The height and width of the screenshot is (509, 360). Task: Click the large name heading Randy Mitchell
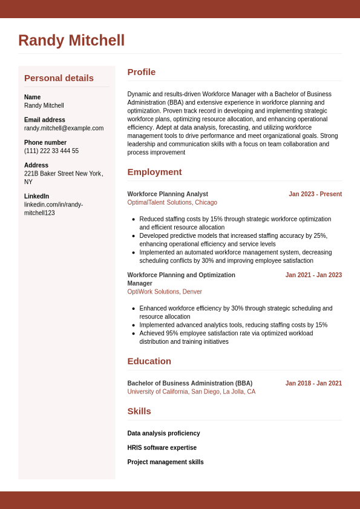71,41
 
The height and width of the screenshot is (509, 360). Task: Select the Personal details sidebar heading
59,78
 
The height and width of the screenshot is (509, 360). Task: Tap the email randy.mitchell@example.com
64,128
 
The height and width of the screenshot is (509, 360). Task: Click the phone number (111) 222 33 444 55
51,151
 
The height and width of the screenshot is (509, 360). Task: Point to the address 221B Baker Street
63,174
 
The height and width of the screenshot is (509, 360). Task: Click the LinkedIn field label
36,196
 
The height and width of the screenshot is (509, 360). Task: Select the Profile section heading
141,72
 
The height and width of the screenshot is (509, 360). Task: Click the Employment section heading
154,172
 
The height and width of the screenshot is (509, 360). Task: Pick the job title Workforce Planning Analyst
168,194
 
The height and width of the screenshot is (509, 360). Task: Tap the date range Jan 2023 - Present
315,194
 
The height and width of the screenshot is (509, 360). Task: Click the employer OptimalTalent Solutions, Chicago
172,203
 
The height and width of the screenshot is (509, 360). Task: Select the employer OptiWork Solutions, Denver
165,292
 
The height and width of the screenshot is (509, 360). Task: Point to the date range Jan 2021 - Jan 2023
313,275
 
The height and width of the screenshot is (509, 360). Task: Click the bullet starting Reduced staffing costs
235,223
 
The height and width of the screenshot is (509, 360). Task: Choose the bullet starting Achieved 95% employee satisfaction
226,337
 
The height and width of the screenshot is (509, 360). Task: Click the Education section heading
149,361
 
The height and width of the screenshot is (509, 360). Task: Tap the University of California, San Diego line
191,392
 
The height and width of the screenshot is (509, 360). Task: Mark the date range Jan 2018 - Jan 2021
313,383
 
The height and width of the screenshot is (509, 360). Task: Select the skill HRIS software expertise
162,448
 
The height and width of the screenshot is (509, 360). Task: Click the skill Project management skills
165,462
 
